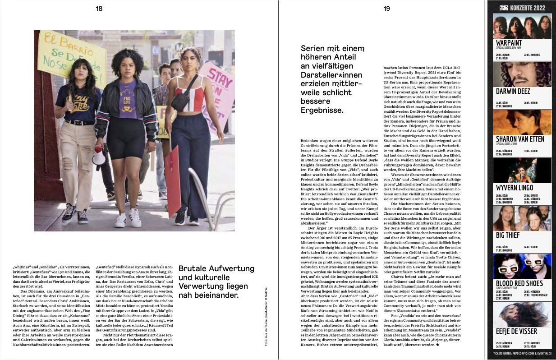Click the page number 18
point(99,8)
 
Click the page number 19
point(386,8)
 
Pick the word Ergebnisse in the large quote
point(323,110)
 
